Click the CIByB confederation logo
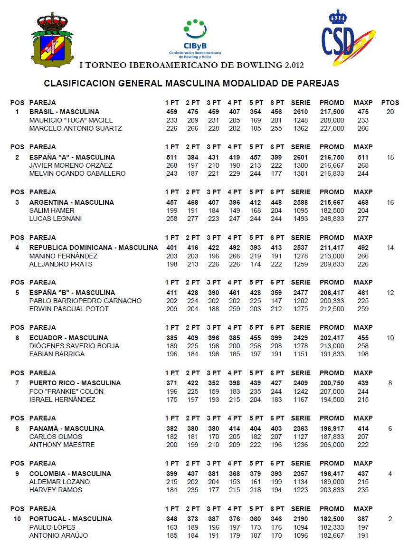[195, 38]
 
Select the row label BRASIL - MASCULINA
[64, 112]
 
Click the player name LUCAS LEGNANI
[56, 219]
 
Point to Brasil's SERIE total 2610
[301, 112]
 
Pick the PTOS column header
[390, 103]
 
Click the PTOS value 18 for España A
[390, 157]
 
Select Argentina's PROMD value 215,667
[332, 202]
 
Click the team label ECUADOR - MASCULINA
[66, 338]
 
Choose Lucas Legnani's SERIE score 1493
[301, 219]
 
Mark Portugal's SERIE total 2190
[301, 519]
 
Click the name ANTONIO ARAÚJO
[58, 535]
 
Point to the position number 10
[17, 519]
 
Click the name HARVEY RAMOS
[56, 490]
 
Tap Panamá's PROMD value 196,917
[332, 428]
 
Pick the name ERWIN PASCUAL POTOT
[69, 309]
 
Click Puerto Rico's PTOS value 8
[390, 383]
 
